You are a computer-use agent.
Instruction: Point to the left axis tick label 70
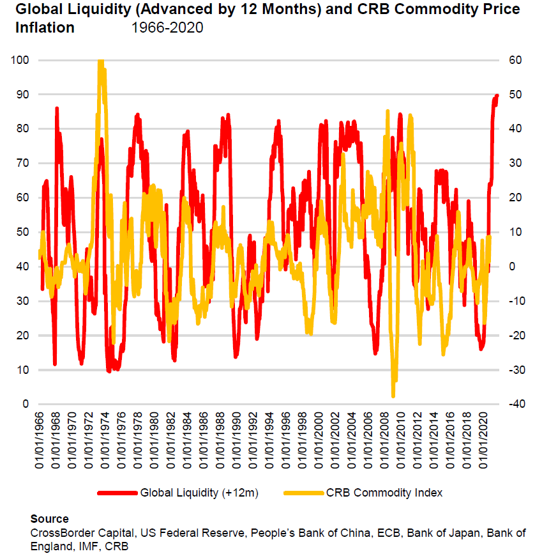tap(22, 163)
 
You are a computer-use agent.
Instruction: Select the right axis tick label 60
tap(515, 60)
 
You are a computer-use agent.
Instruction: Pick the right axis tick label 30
tap(515, 163)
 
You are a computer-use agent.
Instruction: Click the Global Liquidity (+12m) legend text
tap(199, 493)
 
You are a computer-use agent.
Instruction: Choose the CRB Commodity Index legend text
tap(384, 493)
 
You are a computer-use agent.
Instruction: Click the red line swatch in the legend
tap(117, 493)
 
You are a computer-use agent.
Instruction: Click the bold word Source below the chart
tap(49, 519)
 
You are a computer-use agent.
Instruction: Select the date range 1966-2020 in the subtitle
tap(167, 28)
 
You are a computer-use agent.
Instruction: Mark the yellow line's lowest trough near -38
tap(393, 396)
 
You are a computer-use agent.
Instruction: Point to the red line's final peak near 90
tap(497, 95)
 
